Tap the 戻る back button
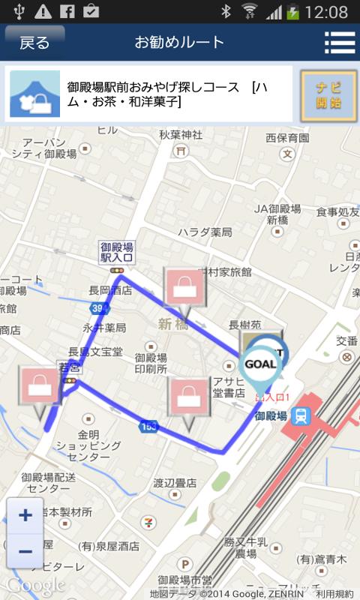[x=34, y=42]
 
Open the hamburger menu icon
[x=339, y=43]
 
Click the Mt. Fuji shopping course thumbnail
[x=34, y=94]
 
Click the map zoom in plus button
[x=25, y=515]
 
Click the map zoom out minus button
[x=25, y=551]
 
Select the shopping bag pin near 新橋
[x=181, y=287]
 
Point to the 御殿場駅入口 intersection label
[x=117, y=252]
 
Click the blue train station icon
[x=301, y=415]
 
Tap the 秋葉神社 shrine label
[x=181, y=135]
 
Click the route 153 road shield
[x=148, y=426]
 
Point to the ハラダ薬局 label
[x=205, y=232]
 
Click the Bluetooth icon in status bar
[x=225, y=11]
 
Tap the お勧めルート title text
[x=179, y=42]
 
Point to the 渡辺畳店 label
[x=175, y=483]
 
